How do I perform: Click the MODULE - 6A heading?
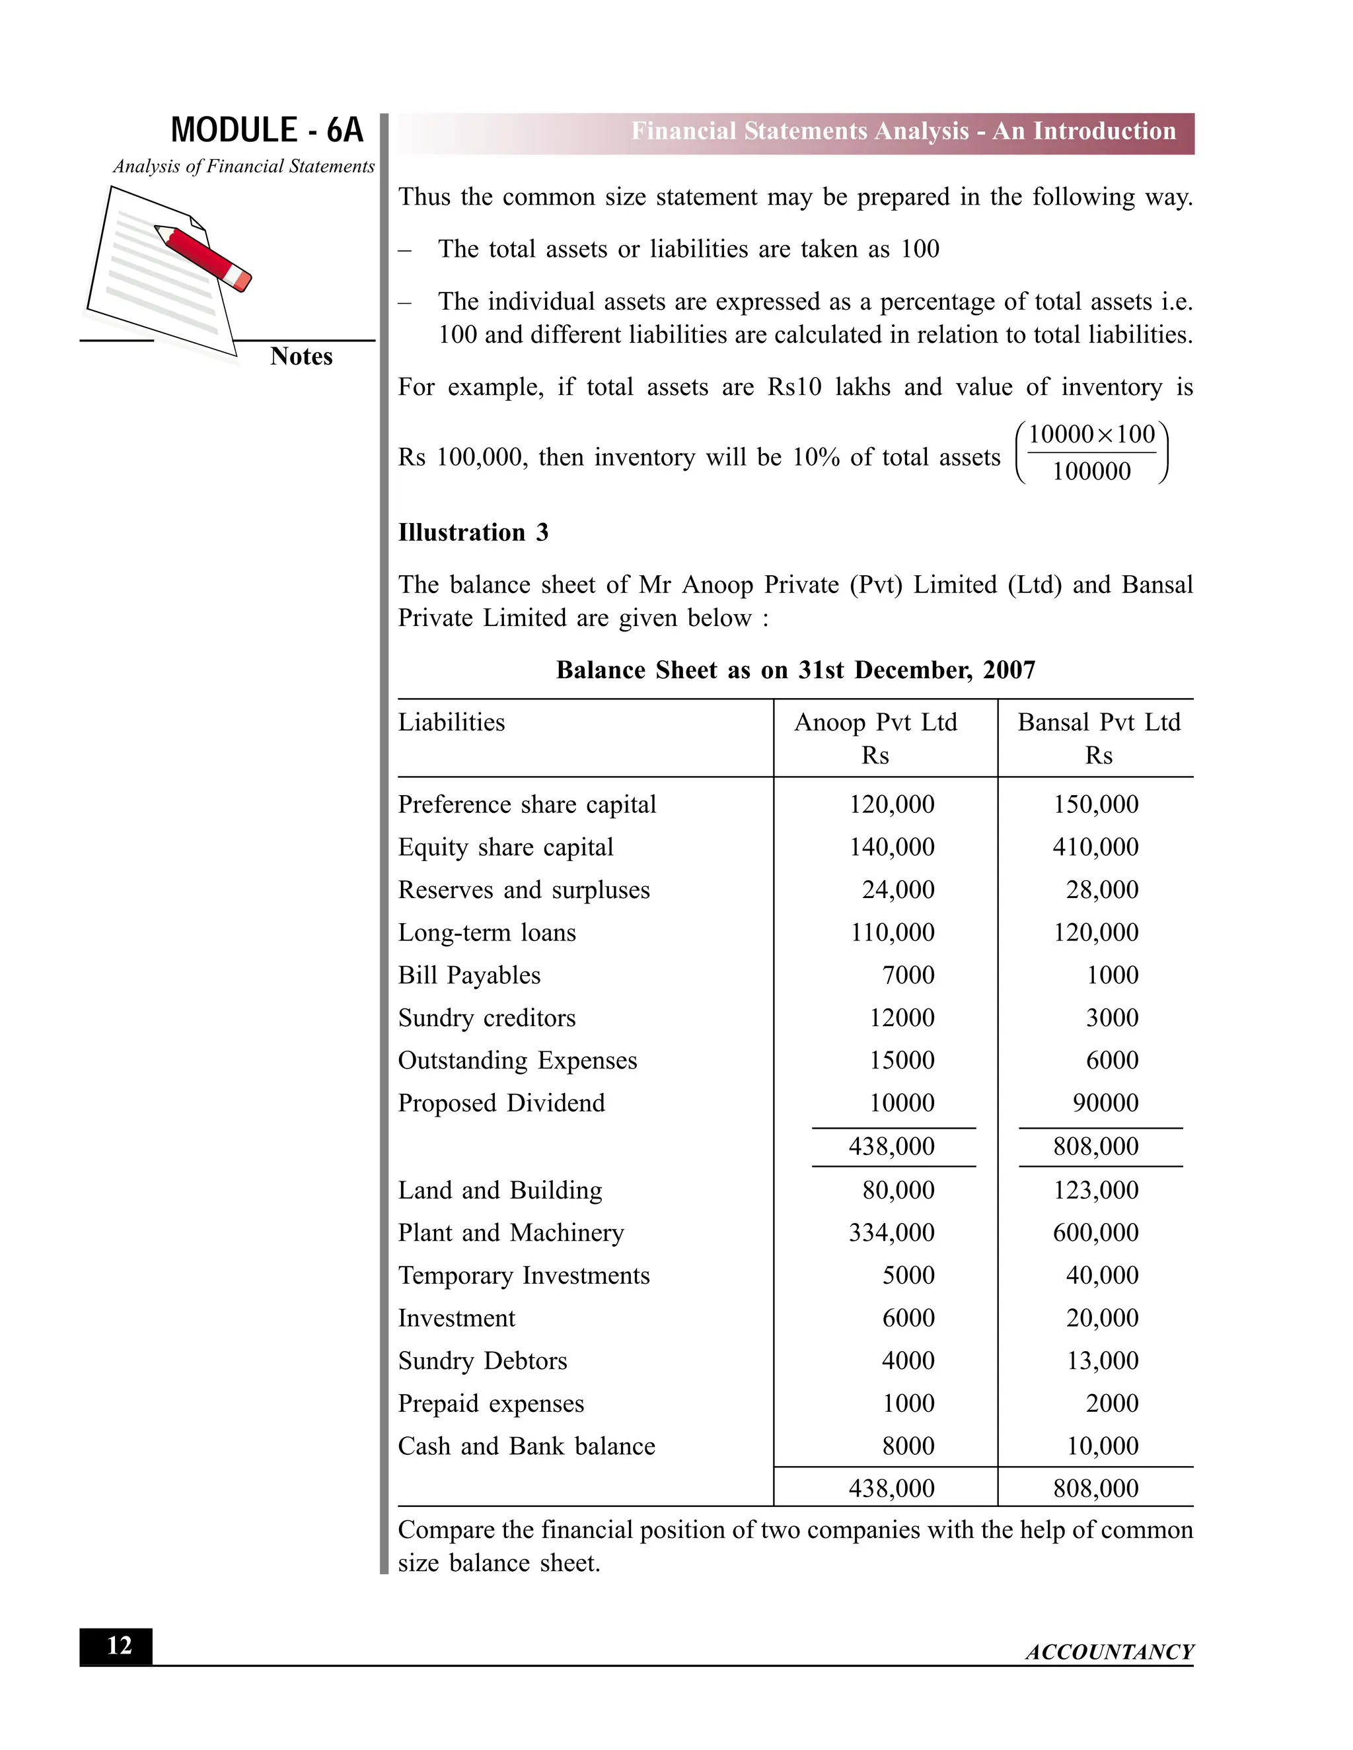(x=267, y=130)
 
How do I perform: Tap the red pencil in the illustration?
(x=204, y=257)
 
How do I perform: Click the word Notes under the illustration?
(x=301, y=357)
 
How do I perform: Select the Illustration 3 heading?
(x=473, y=532)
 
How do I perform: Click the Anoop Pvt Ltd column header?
(x=875, y=722)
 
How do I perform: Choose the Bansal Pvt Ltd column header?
(x=1098, y=722)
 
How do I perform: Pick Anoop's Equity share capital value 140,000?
(x=891, y=847)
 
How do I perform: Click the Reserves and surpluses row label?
(x=523, y=890)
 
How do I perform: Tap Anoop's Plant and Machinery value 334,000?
(x=891, y=1232)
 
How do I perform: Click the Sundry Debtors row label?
(x=482, y=1360)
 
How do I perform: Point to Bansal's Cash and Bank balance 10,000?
(x=1102, y=1446)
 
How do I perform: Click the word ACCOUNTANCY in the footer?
(x=1109, y=1652)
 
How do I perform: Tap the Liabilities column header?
(x=451, y=722)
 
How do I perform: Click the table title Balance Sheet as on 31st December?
(x=795, y=670)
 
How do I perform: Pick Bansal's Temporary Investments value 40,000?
(x=1101, y=1275)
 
